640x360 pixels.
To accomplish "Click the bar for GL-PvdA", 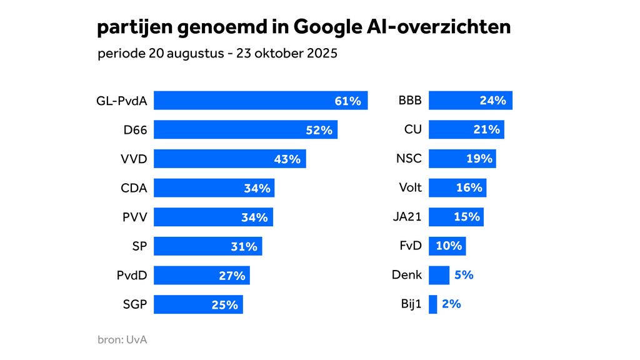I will coord(261,101).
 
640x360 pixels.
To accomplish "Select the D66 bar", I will coord(246,130).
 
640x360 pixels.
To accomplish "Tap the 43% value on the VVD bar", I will coord(287,159).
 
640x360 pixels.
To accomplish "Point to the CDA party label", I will coord(134,188).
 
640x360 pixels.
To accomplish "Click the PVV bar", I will coord(213,217).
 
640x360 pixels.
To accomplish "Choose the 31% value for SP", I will coord(244,247).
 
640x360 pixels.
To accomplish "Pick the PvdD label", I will coord(132,276).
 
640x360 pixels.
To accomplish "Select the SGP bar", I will coord(198,305).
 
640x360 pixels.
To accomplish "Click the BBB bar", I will coord(470,101).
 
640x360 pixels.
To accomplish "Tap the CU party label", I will coord(413,130).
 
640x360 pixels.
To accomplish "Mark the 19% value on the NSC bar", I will coord(479,159).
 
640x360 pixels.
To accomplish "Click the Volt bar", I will coord(457,187).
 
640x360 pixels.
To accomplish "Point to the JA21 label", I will coord(407,217).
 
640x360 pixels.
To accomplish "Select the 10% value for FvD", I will coord(449,246).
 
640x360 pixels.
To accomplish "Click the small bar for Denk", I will coord(439,275).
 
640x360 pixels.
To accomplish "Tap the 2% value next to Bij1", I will coord(451,304).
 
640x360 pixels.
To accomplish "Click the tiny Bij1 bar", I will coord(433,304).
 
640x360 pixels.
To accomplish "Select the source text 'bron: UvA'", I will coord(122,340).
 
